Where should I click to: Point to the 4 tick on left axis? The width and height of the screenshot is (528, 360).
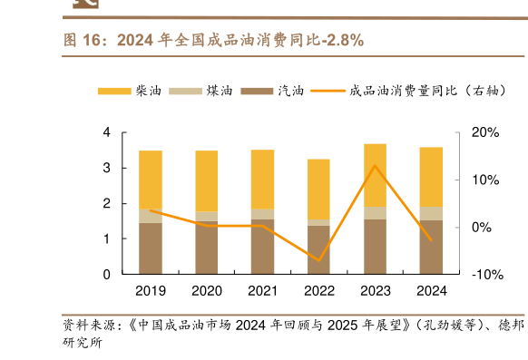[106, 133]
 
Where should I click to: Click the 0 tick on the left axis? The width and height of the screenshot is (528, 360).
[106, 274]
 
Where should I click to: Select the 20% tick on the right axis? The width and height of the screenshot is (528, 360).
[486, 133]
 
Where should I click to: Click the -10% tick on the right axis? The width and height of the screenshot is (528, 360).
[484, 274]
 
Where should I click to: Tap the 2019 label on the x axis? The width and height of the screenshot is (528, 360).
[151, 291]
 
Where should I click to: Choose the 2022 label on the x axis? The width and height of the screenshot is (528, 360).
[319, 291]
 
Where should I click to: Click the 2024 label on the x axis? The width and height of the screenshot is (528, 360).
[431, 291]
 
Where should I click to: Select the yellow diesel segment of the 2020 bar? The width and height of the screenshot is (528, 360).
[207, 181]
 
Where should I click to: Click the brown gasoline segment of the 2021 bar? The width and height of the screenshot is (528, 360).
[263, 247]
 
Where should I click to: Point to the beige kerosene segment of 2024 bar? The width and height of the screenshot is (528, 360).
[431, 213]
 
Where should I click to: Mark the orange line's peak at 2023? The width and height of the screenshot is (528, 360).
[375, 165]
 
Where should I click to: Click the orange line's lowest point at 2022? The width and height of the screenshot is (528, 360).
[319, 260]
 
